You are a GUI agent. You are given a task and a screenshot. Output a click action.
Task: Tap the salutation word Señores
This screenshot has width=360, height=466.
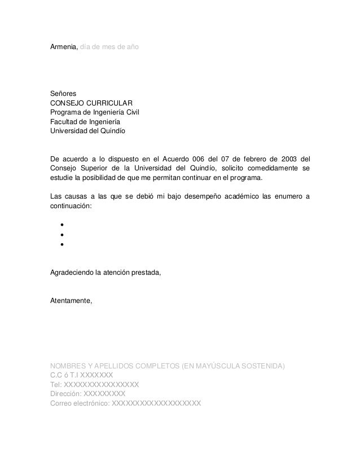[x=64, y=94]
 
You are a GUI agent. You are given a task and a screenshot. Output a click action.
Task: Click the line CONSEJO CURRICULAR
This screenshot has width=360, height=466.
[x=92, y=103]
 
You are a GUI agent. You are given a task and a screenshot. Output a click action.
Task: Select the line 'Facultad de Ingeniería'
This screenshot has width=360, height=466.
[x=85, y=122]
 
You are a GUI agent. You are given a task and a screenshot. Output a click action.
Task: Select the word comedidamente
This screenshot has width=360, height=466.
[x=271, y=168]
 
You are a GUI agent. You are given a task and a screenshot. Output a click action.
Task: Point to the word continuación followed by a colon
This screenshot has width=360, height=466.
[x=70, y=206]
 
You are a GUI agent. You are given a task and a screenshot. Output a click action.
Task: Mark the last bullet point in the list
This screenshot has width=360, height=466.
[x=59, y=245]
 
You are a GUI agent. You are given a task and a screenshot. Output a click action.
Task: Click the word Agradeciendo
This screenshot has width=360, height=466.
[x=74, y=274]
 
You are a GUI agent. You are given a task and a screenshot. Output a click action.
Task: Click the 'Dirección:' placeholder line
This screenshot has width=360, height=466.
[x=87, y=394]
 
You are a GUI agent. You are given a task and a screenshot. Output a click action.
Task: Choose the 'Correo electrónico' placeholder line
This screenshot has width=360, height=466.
[x=125, y=403]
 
